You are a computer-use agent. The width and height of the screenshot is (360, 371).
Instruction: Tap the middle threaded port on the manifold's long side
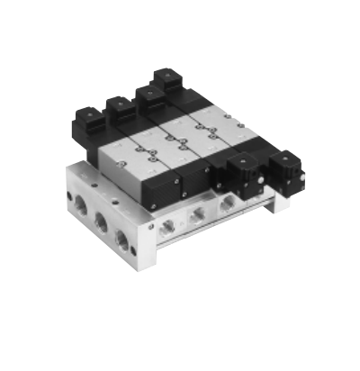pyautogui.click(x=195, y=214)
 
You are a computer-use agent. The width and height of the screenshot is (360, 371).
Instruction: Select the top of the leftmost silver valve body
pyautogui.click(x=121, y=153)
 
